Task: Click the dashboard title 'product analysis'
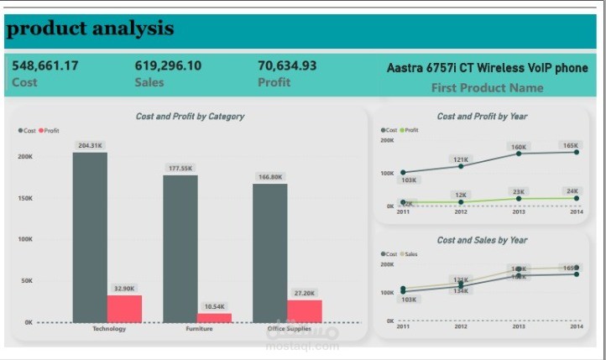[x=90, y=29]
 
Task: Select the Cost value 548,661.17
[x=45, y=65]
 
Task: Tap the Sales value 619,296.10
[x=168, y=65]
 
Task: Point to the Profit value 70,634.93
[x=287, y=65]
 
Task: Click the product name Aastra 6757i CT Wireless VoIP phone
[x=487, y=68]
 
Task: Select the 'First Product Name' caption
[x=487, y=87]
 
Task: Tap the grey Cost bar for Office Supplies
[x=269, y=252]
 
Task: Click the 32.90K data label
[x=124, y=288]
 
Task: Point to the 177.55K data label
[x=180, y=168]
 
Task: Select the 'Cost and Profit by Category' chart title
[x=191, y=117]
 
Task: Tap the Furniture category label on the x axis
[x=198, y=329]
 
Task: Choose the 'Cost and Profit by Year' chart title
[x=482, y=117]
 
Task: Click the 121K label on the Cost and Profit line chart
[x=461, y=159]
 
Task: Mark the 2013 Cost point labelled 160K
[x=519, y=154]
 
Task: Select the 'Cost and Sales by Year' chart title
[x=482, y=240]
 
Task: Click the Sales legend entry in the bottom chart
[x=410, y=253]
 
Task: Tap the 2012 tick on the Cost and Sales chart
[x=461, y=326]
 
